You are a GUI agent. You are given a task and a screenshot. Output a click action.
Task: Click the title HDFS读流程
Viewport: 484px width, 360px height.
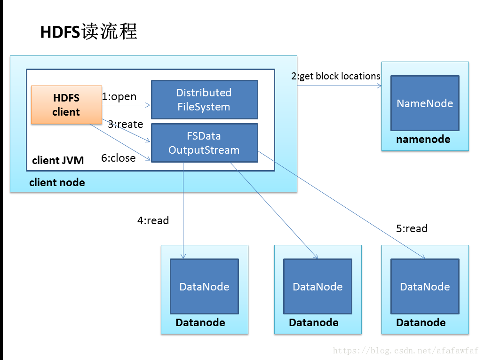click(x=88, y=32)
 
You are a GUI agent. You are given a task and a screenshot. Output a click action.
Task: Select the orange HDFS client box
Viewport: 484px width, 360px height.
click(x=66, y=105)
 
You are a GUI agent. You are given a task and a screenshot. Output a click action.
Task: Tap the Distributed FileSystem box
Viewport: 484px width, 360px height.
click(x=204, y=100)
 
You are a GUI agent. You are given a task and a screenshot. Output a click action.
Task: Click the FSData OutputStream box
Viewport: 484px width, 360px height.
click(x=204, y=143)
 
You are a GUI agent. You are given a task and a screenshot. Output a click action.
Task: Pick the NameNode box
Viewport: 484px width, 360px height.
click(x=425, y=103)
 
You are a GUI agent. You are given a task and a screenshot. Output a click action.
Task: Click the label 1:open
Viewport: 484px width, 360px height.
click(x=119, y=97)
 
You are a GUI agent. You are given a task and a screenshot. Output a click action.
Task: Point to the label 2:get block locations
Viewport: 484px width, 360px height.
click(x=336, y=76)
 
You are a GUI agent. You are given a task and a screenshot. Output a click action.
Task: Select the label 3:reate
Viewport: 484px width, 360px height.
click(x=125, y=125)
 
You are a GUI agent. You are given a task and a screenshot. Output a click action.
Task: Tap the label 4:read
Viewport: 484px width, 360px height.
click(x=153, y=220)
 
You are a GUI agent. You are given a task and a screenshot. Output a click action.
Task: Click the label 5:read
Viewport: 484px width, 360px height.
click(x=412, y=228)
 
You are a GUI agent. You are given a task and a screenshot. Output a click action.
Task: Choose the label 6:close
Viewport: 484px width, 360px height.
click(x=119, y=158)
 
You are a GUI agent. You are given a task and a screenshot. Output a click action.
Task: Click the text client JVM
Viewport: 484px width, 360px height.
click(x=58, y=161)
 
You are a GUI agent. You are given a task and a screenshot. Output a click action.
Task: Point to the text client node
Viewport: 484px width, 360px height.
click(x=57, y=182)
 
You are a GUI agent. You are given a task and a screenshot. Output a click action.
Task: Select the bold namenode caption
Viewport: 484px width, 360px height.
click(x=423, y=139)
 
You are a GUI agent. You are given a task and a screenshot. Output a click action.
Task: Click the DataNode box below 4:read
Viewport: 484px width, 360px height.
click(x=204, y=286)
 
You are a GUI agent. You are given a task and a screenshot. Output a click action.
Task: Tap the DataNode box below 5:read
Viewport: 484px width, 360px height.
click(x=425, y=286)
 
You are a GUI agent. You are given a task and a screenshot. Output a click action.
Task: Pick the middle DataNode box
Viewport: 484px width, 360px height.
click(x=317, y=286)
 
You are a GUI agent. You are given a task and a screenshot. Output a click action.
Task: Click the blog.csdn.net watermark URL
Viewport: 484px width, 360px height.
click(x=405, y=351)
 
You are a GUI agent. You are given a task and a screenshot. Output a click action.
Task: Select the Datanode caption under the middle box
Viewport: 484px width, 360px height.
click(x=314, y=322)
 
